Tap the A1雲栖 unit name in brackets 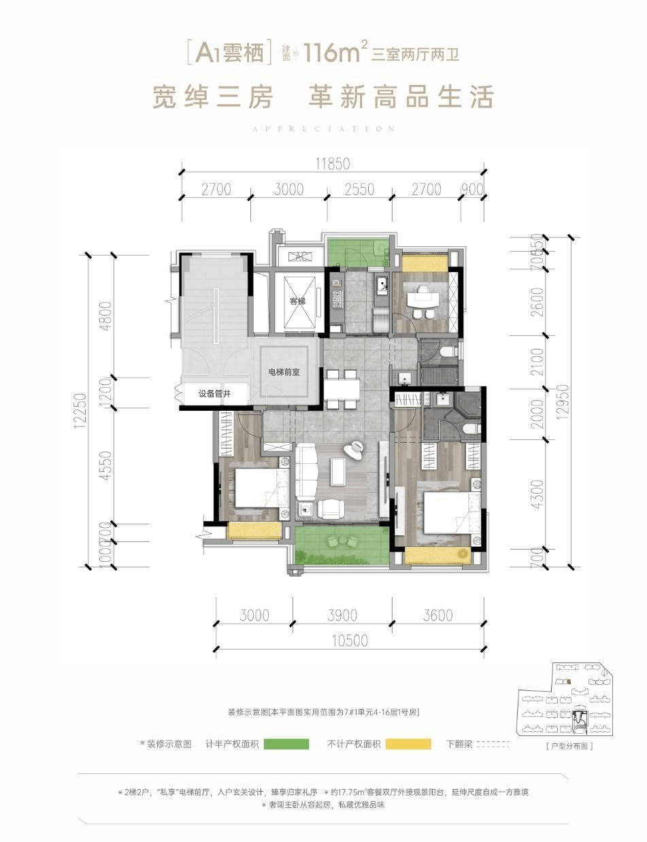[229, 52]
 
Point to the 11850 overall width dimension [332, 163]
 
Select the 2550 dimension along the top [359, 189]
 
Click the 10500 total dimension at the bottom [350, 640]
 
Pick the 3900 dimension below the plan [342, 616]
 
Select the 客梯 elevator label [297, 301]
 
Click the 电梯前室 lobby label [285, 372]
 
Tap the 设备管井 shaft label [215, 394]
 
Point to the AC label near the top [299, 256]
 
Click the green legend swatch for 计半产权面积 [286, 744]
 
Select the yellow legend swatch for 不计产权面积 [408, 744]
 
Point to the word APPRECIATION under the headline [323, 128]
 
